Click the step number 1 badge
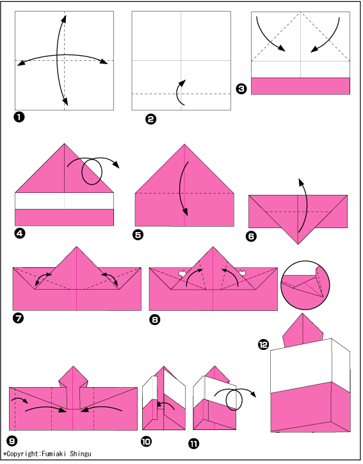[19, 117]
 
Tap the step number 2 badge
[150, 119]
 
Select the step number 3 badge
[241, 88]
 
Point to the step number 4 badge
[19, 233]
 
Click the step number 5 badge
[138, 235]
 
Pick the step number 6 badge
[251, 236]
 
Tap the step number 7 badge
[19, 319]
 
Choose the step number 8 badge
[155, 320]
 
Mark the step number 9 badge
[12, 441]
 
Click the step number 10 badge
[146, 442]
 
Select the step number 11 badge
[193, 443]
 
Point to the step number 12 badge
[263, 344]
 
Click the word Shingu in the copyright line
[81, 454]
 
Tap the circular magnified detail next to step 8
[305, 285]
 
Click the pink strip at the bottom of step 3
[300, 86]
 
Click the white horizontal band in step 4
[64, 201]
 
